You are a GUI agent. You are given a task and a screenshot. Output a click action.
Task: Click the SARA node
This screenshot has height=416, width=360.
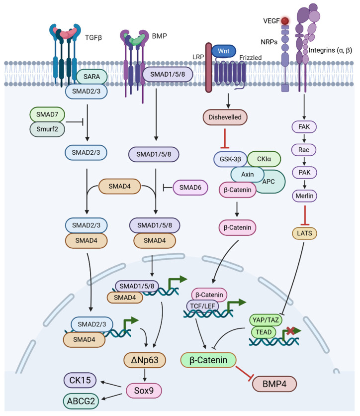pos(91,77)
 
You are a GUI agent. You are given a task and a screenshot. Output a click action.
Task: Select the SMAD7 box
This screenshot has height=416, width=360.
pos(47,114)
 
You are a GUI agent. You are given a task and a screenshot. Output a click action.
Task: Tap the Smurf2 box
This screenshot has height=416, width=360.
pos(47,129)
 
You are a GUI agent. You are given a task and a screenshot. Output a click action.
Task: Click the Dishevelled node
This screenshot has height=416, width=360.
pos(225,117)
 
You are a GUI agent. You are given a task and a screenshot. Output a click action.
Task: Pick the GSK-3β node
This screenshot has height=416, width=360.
pos(230,159)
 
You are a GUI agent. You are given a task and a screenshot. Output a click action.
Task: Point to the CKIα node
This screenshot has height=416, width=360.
pos(264,159)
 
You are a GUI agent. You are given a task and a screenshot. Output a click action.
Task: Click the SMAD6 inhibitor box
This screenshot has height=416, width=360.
pos(190,188)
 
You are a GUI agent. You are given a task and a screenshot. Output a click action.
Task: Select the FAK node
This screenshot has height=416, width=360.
pos(304,127)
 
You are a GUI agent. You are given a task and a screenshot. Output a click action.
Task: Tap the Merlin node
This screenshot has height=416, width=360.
pos(305,196)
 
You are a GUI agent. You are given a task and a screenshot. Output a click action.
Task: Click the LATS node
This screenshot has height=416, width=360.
pos(305,233)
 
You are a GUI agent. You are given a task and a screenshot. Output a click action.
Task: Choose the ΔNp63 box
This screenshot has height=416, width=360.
pos(145,360)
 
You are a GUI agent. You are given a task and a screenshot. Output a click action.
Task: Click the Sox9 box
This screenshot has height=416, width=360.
pos(144,391)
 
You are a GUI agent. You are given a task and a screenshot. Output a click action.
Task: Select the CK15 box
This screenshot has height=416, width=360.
pos(80,380)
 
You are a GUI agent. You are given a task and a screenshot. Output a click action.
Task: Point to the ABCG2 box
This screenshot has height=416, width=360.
pos(81,401)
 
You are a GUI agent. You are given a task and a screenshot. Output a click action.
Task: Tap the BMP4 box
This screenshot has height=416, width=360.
pos(274,384)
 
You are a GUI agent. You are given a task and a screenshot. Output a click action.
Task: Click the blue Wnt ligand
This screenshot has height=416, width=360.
pos(223,51)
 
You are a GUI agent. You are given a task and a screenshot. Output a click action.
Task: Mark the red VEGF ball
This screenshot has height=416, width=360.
pos(285,21)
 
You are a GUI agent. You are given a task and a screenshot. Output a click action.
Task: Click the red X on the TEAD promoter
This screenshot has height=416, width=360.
pos(290,330)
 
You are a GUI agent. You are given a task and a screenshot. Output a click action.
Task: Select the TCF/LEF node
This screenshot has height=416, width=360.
pos(202,306)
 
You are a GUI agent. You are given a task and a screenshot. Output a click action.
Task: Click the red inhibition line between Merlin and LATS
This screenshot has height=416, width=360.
pos(305,215)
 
